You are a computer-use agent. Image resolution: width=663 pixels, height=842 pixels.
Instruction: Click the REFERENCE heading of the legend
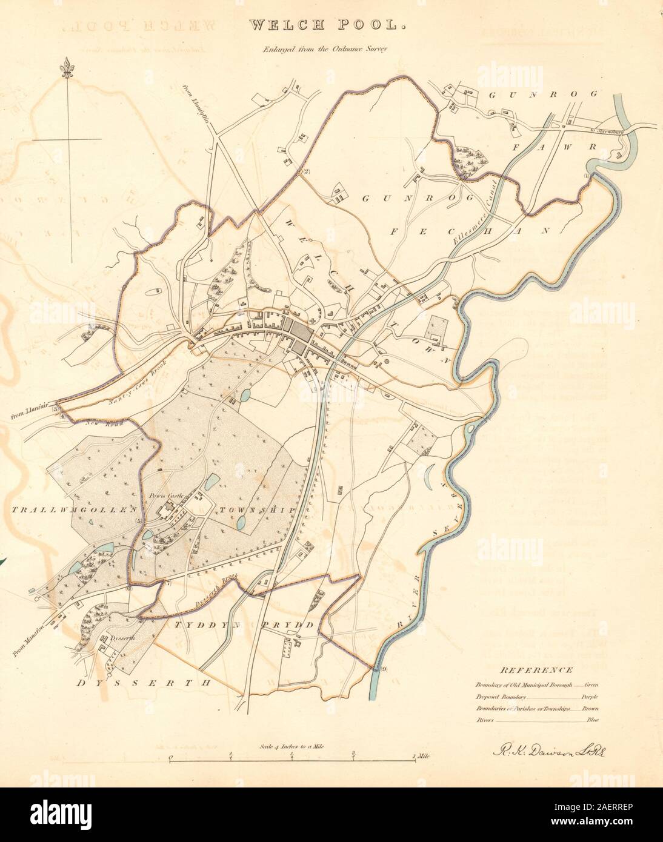point(536,670)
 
